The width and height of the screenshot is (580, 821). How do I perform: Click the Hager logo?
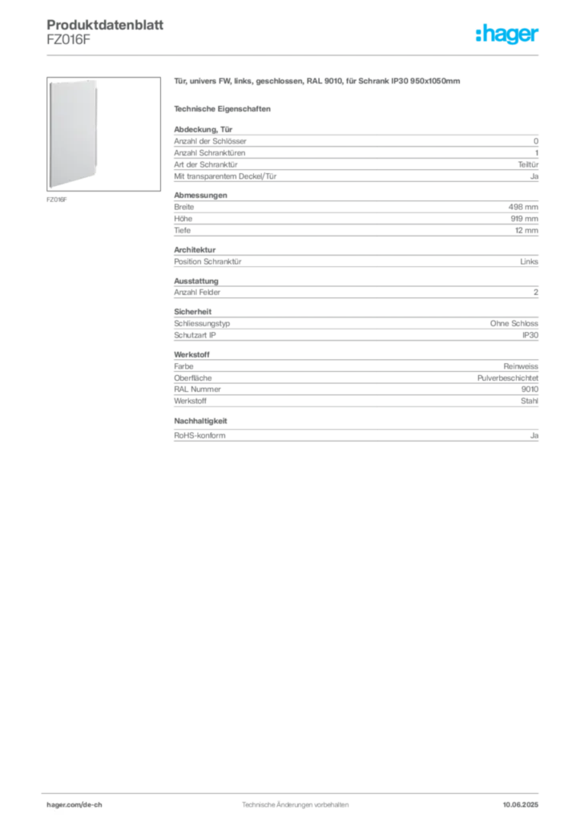pyautogui.click(x=507, y=34)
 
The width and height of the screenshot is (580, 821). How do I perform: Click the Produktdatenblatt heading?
pyautogui.click(x=105, y=25)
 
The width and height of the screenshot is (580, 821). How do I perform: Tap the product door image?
pyautogui.click(x=73, y=134)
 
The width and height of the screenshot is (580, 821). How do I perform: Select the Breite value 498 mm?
pyautogui.click(x=523, y=207)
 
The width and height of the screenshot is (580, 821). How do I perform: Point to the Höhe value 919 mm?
pyautogui.click(x=524, y=218)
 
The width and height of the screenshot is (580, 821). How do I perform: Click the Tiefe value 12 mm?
pyautogui.click(x=526, y=230)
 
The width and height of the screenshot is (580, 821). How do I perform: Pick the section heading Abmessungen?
pyautogui.click(x=200, y=196)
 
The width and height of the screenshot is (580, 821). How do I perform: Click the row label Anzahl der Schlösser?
pyautogui.click(x=210, y=141)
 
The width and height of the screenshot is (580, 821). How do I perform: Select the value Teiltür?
pyautogui.click(x=528, y=164)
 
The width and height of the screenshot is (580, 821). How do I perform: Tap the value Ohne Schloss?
pyautogui.click(x=514, y=324)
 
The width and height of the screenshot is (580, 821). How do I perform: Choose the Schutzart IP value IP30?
pyautogui.click(x=530, y=335)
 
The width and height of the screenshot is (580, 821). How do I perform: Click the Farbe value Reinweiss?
pyautogui.click(x=521, y=366)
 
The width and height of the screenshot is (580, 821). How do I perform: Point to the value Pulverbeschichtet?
pyautogui.click(x=507, y=378)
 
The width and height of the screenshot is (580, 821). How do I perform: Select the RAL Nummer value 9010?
pyautogui.click(x=530, y=389)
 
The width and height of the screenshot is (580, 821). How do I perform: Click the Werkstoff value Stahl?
pyautogui.click(x=530, y=401)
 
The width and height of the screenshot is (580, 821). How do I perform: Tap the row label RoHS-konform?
pyautogui.click(x=199, y=435)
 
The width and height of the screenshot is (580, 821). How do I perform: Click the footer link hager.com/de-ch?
pyautogui.click(x=75, y=805)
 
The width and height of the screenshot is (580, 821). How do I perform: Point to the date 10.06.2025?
pyautogui.click(x=521, y=805)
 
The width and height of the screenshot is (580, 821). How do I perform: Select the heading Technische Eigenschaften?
pyautogui.click(x=222, y=109)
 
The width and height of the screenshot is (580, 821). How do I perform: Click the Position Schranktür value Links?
pyautogui.click(x=529, y=261)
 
